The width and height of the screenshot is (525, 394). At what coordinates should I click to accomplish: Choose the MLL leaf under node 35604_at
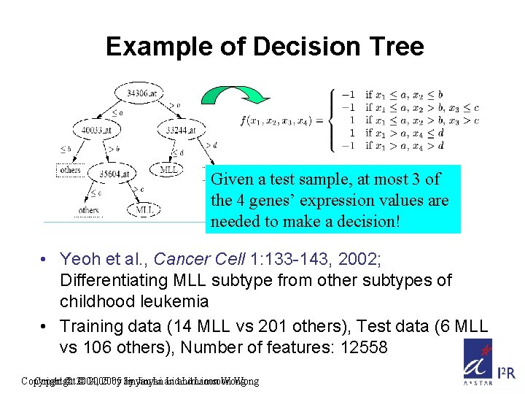[144, 210]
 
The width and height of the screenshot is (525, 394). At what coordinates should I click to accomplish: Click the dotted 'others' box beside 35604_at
[69, 170]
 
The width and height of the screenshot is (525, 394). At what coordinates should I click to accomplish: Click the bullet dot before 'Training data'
[45, 328]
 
